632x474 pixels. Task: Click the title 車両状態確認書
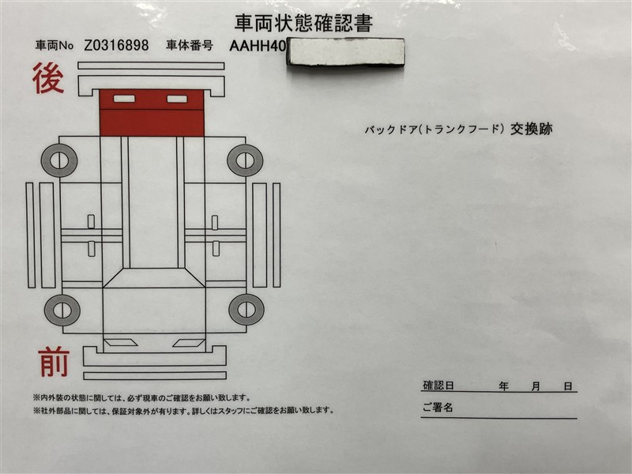point(303,23)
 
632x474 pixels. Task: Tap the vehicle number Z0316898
point(116,45)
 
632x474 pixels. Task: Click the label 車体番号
point(190,46)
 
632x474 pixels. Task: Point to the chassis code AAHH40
point(258,46)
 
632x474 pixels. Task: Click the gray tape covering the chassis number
point(345,51)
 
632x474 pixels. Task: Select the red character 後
point(48,78)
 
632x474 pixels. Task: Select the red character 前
point(54,362)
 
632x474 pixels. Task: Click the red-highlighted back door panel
point(152,113)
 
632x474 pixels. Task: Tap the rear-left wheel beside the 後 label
point(58,160)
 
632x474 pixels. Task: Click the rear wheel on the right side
point(245,160)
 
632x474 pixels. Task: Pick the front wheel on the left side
point(62,310)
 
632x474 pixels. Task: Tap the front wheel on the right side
point(246,309)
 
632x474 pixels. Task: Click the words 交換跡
point(531,129)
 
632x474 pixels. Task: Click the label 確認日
point(438,386)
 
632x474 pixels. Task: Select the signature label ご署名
point(438,408)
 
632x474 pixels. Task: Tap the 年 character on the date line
point(503,386)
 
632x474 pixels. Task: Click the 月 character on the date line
point(536,386)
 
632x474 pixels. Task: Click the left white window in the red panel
point(125,98)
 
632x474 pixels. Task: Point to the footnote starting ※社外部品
point(184,411)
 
